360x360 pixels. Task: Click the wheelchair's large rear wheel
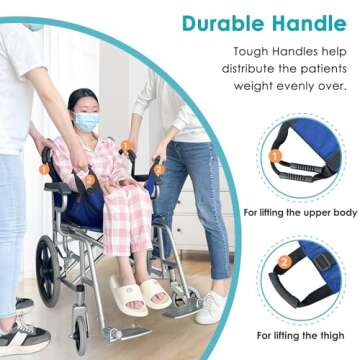49,270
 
